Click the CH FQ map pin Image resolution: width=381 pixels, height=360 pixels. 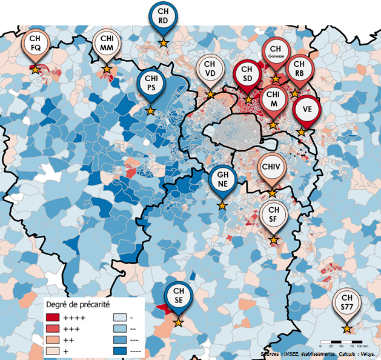click(36, 44)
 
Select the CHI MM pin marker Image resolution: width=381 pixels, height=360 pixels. click(107, 44)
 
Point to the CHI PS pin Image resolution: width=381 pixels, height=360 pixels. click(150, 84)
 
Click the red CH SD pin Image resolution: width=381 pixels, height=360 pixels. click(248, 75)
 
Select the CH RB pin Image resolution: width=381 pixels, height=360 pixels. click(297, 68)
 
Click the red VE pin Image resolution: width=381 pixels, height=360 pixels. click(306, 110)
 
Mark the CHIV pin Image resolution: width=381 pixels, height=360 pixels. click(272, 168)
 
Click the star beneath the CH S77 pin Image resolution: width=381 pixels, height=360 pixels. click(346, 329)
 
